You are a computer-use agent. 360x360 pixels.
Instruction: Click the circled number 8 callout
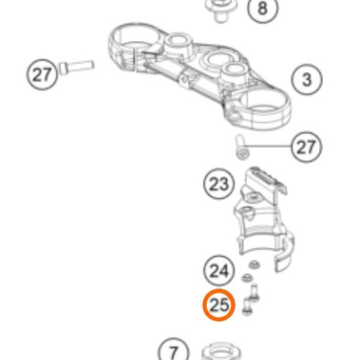pos(263,8)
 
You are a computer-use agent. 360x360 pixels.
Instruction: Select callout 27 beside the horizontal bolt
pos(42,74)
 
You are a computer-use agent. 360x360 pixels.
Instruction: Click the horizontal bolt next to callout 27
pos(76,67)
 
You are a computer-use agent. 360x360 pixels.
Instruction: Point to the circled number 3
pos(307,80)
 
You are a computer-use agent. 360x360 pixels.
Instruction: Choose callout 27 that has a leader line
pos(307,147)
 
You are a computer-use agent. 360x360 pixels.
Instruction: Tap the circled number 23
pos(219,184)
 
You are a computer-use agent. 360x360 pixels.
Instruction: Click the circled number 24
pos(219,271)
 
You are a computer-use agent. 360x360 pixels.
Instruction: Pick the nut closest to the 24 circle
pos(247,278)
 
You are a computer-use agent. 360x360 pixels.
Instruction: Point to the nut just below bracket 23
pos(254,265)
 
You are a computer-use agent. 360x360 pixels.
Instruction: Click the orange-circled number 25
pos(219,305)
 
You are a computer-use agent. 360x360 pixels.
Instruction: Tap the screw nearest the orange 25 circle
pos(247,306)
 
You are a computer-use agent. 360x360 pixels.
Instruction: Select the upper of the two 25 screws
pos(254,293)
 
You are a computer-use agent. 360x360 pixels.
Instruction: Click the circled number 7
pos(174,351)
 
